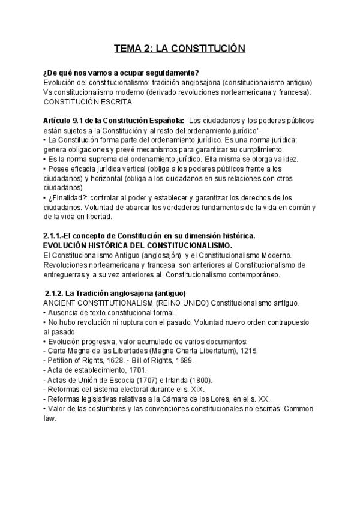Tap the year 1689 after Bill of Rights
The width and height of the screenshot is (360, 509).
[177, 361]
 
